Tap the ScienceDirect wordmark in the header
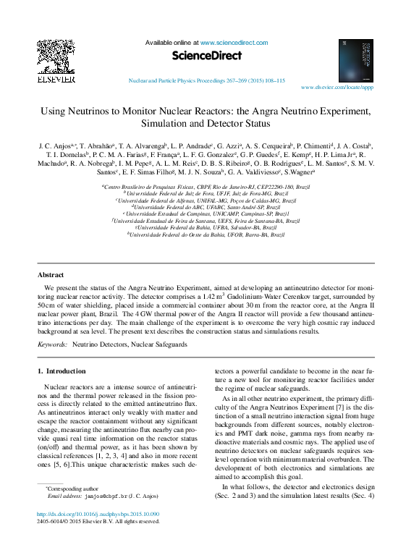(205, 55)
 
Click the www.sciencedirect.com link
(233, 43)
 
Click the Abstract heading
(51, 275)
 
